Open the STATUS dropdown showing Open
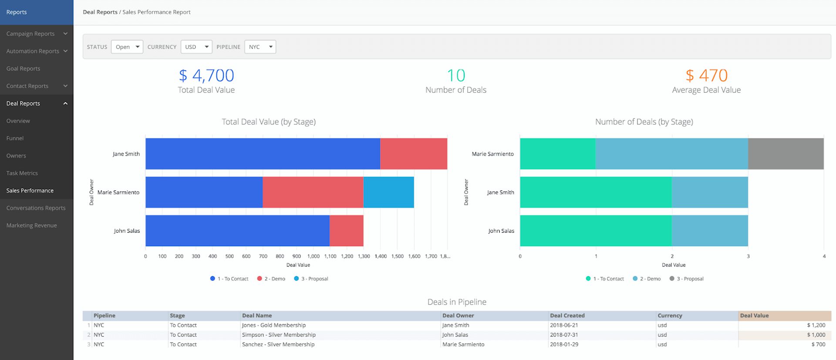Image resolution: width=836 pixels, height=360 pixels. tap(127, 47)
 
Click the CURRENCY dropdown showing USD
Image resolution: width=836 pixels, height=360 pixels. tap(196, 47)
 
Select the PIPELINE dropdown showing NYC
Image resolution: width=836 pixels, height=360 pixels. tap(260, 47)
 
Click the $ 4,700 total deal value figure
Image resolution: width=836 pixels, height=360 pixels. tap(206, 76)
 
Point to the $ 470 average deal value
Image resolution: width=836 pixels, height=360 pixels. tap(706, 76)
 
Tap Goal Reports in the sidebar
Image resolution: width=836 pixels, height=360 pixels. tap(23, 69)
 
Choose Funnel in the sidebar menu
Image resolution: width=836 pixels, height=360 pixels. tap(15, 138)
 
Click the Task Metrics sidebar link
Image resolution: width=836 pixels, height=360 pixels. tap(22, 173)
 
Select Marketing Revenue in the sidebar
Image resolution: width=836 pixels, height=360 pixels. tap(31, 225)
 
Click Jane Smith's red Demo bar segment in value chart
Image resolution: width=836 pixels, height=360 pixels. tap(414, 154)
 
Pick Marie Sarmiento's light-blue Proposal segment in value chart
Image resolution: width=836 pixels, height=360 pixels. tap(388, 192)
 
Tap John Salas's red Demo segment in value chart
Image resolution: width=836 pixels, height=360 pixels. tap(346, 231)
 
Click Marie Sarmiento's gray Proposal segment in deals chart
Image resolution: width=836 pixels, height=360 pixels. tap(785, 154)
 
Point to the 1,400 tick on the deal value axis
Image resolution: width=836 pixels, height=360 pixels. tap(381, 256)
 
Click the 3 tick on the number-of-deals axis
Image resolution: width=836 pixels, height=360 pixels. tap(748, 256)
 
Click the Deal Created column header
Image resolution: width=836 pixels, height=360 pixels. tap(567, 316)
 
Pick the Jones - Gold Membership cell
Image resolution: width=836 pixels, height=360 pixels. tap(274, 325)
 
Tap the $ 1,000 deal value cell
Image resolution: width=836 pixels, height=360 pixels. tap(816, 335)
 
